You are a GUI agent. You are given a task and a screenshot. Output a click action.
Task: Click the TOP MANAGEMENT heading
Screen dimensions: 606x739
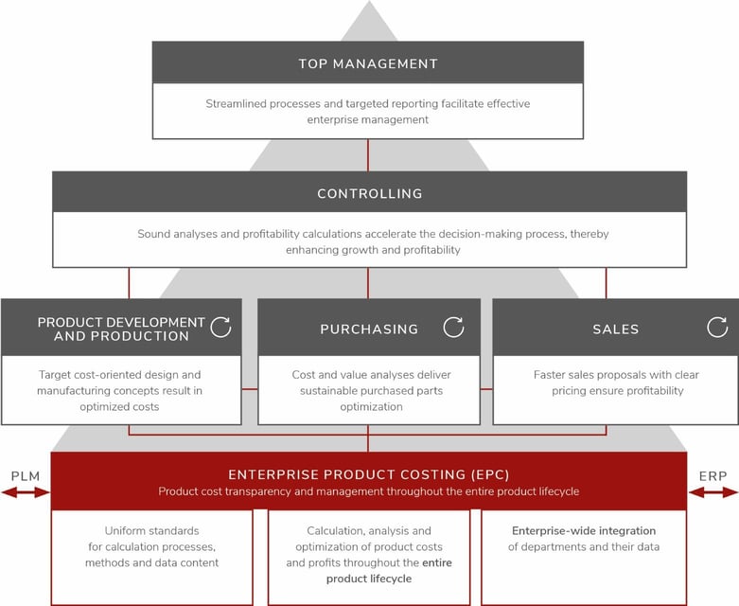[368, 64]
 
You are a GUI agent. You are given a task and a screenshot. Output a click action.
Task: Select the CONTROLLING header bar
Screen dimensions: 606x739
[369, 194]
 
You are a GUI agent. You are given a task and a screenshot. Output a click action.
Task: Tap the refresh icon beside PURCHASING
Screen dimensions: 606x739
[453, 328]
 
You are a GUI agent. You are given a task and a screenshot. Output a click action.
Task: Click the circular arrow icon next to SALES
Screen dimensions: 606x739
[717, 328]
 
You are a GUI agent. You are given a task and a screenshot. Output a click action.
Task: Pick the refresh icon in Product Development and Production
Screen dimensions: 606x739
[220, 328]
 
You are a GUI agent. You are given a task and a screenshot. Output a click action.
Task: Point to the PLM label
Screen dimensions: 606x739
[25, 475]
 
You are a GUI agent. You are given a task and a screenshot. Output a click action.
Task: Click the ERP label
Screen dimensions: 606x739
[713, 475]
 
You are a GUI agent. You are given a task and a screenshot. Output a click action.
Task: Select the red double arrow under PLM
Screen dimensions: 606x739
[26, 492]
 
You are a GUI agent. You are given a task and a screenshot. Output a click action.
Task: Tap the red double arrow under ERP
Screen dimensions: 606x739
[713, 492]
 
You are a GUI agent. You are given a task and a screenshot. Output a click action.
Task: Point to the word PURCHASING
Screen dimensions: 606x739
[369, 330]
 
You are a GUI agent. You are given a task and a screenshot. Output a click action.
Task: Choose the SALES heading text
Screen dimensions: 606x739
[615, 330]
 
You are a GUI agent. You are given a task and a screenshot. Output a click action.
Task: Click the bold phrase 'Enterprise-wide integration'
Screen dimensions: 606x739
[584, 531]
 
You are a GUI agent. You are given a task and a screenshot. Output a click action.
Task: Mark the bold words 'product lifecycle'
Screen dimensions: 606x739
[369, 579]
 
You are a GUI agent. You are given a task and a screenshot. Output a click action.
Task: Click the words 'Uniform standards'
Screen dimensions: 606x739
[151, 531]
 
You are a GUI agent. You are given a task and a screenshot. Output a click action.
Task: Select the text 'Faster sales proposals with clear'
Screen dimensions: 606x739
[616, 375]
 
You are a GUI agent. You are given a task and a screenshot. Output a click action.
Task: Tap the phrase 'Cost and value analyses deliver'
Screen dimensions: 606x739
[369, 375]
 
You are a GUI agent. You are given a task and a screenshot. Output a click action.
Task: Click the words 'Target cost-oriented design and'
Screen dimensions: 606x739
[120, 375]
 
